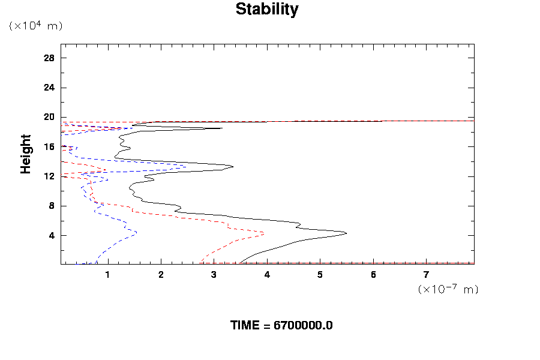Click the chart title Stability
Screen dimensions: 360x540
(266, 10)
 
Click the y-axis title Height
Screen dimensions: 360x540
(26, 154)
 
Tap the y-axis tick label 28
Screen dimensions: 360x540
(49, 58)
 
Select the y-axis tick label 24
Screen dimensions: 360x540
(49, 88)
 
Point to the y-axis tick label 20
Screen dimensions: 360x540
(49, 117)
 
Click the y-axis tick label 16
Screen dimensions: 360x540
(49, 146)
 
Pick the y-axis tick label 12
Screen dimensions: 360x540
(49, 176)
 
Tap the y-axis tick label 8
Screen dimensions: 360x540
(52, 206)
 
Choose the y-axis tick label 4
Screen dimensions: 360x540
(52, 235)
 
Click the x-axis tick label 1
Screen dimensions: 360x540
(108, 275)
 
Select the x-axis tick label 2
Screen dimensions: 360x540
(161, 275)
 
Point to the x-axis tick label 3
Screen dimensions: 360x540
(214, 275)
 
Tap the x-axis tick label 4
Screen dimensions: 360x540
(267, 275)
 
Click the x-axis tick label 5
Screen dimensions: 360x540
(320, 275)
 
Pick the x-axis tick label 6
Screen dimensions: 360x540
(373, 275)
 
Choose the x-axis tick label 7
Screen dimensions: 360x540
(427, 275)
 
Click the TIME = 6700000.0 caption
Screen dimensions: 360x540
(281, 326)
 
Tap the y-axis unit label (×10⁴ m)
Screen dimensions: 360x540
(35, 26)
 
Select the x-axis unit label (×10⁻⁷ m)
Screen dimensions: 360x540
(448, 289)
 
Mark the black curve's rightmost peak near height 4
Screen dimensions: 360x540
(346, 233)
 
